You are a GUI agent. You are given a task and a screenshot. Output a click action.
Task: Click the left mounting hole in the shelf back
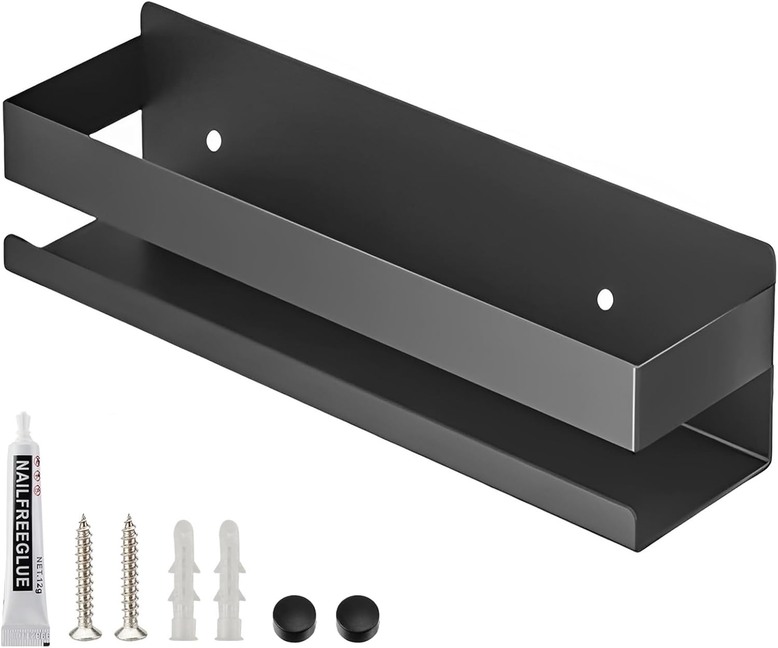click(x=213, y=140)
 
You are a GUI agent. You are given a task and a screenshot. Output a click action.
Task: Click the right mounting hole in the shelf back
click(x=605, y=299)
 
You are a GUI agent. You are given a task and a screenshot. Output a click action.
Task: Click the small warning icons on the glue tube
click(x=37, y=474)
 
